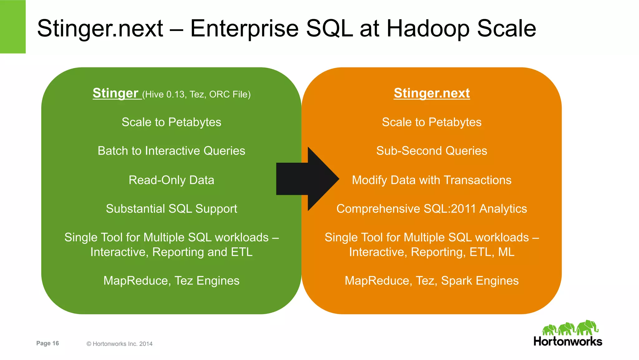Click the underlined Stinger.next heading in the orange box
click(432, 93)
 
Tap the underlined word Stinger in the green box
click(115, 93)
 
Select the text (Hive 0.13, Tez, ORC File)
click(197, 94)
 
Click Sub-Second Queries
click(432, 151)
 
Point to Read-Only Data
click(171, 180)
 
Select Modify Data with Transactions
click(432, 180)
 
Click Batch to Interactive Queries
click(171, 151)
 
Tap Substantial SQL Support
click(171, 209)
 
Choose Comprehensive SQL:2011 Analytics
click(432, 209)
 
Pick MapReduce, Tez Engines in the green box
click(171, 281)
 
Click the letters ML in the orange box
click(506, 252)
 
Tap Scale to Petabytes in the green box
click(171, 122)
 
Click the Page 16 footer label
click(47, 343)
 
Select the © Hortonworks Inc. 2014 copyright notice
click(120, 344)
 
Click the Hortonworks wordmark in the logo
click(568, 341)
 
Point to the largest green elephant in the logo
click(587, 328)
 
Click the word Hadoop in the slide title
click(428, 28)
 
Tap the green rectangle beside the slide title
click(13, 27)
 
